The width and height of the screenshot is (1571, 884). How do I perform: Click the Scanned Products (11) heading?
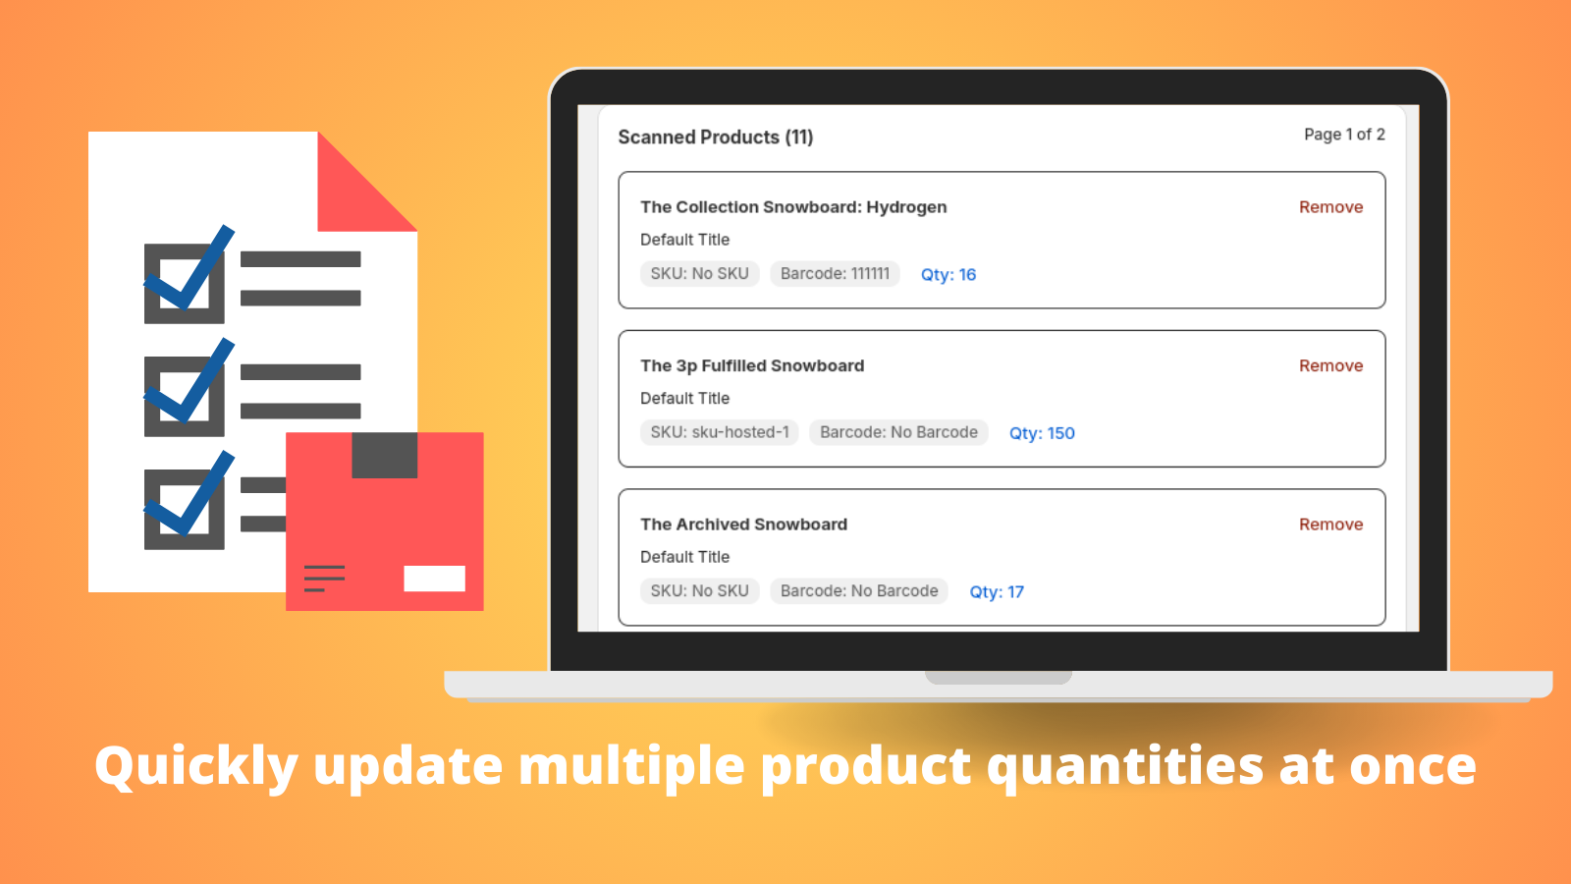coord(715,138)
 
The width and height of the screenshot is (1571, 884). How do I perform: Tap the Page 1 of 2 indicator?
coord(1343,135)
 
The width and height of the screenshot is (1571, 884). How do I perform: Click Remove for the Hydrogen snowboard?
coord(1330,207)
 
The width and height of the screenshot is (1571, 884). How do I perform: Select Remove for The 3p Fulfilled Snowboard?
coord(1330,365)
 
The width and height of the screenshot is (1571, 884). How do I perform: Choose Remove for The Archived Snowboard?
coord(1330,525)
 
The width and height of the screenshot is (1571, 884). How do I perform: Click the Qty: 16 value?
coord(948,275)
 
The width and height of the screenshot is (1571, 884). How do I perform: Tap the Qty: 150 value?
coord(1042,433)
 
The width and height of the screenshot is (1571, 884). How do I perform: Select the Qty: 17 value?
coord(996,592)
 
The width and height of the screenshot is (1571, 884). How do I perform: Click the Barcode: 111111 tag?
coord(835,274)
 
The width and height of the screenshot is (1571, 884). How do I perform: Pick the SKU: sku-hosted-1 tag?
coord(719,432)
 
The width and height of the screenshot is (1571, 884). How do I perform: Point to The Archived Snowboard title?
coord(743,525)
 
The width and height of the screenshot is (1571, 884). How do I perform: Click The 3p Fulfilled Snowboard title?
coord(752,365)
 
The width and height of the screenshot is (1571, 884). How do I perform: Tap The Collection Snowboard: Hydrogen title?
coord(793,207)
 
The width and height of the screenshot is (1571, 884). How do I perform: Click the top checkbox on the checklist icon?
coord(185,283)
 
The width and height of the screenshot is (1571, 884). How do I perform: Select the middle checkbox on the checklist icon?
coord(185,396)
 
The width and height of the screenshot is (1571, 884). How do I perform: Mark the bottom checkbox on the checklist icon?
coord(185,509)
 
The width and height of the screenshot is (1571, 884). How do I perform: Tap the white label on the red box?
coord(434,579)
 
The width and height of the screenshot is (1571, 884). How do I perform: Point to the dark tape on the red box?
coord(384,455)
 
